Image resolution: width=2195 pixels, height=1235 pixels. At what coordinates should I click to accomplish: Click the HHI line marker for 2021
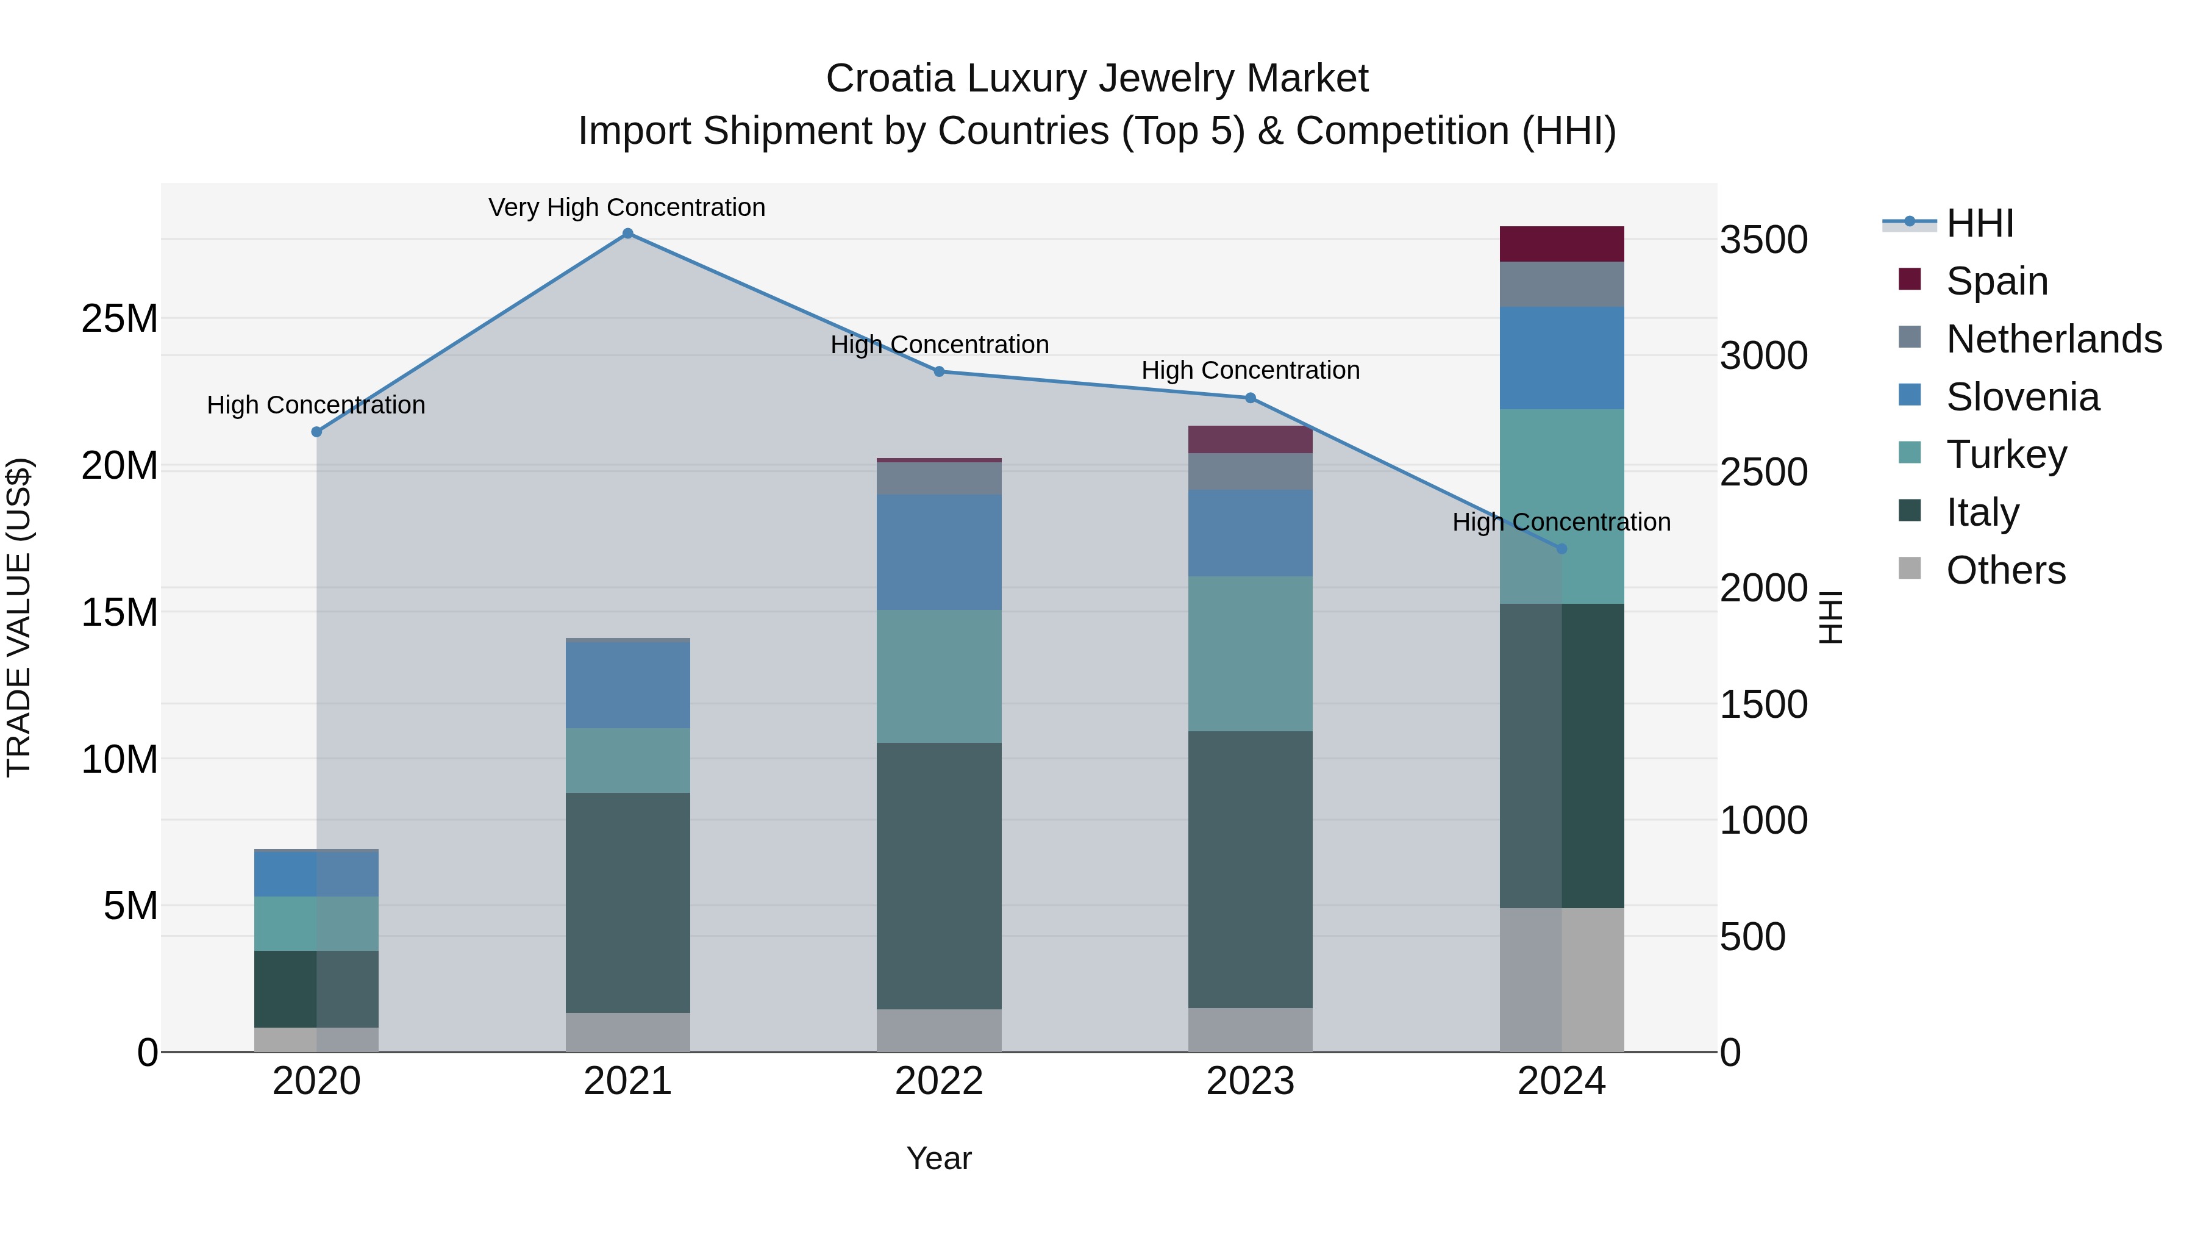[627, 234]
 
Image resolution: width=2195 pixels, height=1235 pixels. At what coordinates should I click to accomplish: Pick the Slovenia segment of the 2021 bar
[627, 684]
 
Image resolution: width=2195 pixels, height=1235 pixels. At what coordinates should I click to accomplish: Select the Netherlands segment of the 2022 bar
[939, 478]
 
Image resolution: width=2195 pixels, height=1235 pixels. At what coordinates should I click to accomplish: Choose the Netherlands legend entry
[2053, 339]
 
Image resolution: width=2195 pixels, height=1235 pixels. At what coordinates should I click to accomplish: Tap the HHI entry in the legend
[1979, 223]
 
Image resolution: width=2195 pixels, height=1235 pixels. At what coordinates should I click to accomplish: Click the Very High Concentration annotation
[627, 207]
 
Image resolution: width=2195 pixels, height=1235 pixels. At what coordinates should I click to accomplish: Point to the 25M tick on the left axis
[120, 319]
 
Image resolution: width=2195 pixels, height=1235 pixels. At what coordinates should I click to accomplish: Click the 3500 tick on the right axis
[1763, 240]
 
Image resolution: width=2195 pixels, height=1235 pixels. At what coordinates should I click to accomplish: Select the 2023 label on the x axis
[1250, 1081]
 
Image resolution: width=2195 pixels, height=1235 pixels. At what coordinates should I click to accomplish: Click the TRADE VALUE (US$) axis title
[19, 617]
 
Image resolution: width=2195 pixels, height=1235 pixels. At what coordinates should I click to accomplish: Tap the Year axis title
[938, 1158]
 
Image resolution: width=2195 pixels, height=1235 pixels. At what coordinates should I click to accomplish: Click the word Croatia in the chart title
[890, 79]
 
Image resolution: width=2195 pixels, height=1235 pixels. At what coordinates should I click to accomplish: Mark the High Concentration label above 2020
[316, 405]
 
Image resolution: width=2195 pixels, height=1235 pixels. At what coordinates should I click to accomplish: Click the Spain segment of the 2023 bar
[1250, 439]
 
